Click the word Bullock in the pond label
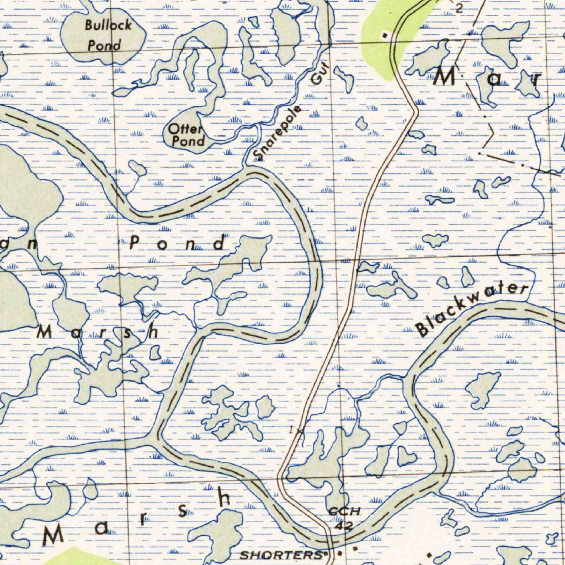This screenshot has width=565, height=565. pos(108,25)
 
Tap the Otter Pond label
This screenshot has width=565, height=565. pos(186,135)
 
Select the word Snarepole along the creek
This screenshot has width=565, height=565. pos(279,132)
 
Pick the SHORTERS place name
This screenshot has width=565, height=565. pos(281,555)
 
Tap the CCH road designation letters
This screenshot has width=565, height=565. pos(344,511)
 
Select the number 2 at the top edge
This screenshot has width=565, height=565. pos(459,8)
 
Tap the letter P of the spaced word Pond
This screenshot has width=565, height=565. pos(136,243)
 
